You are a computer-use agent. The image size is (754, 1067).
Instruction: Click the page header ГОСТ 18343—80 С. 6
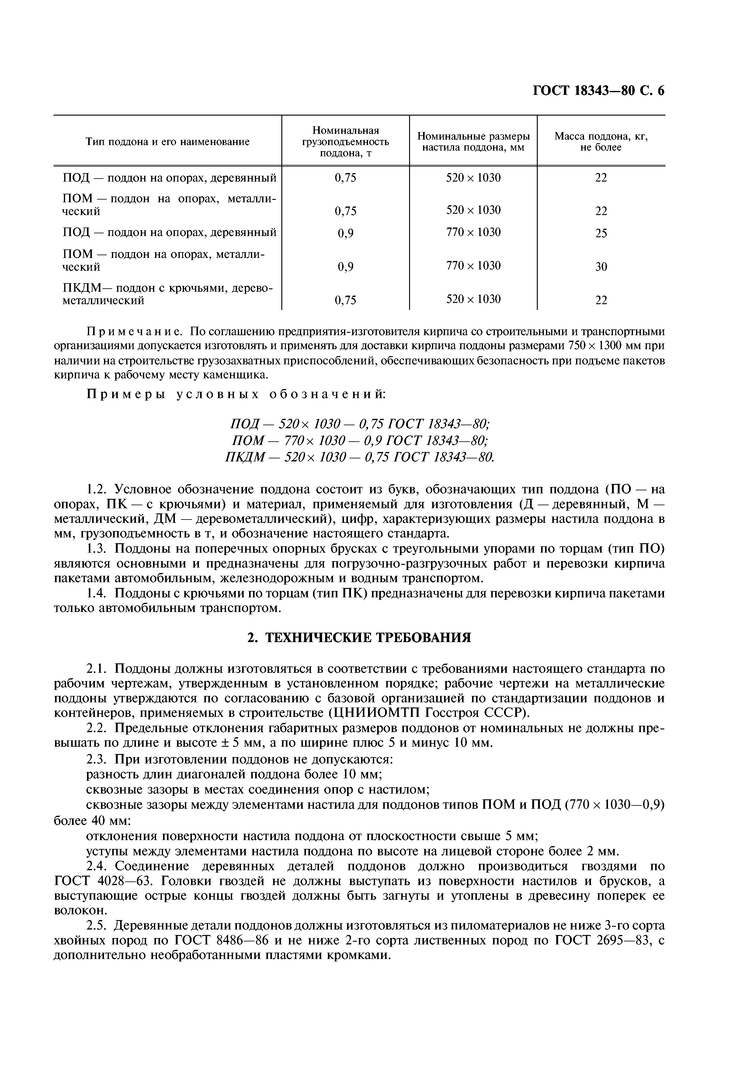598,90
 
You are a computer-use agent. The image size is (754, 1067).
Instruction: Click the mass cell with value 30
601,267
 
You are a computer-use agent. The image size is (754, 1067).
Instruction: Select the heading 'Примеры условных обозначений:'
236,394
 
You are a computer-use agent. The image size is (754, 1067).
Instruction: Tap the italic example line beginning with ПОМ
360,440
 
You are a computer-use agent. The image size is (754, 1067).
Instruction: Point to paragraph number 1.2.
97,489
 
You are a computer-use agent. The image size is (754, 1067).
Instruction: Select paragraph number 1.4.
97,593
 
